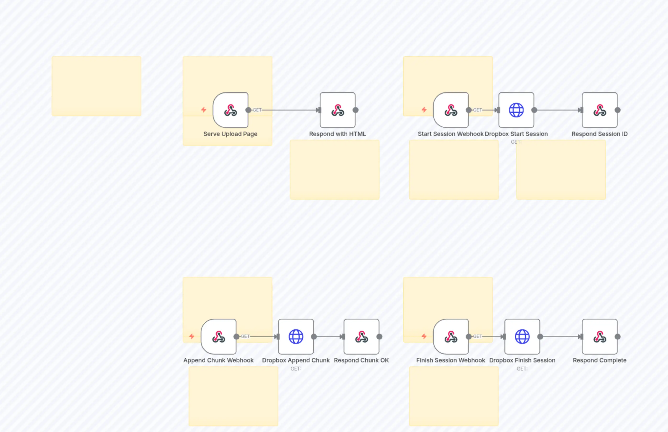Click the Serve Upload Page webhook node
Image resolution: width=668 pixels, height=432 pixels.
click(230, 110)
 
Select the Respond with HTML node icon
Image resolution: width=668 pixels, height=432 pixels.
click(338, 110)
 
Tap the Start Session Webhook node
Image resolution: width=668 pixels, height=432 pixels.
click(451, 110)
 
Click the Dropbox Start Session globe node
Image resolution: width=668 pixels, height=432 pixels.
click(516, 110)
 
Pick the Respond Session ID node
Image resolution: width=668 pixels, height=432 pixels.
click(600, 110)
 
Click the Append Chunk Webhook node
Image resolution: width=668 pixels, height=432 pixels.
click(219, 337)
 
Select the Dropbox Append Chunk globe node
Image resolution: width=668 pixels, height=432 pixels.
click(296, 337)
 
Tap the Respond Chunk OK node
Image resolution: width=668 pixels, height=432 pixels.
click(361, 337)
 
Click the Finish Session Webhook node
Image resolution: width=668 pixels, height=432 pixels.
click(451, 337)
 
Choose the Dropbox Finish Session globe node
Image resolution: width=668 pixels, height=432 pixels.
click(522, 337)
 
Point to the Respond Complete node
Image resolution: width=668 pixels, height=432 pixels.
click(600, 337)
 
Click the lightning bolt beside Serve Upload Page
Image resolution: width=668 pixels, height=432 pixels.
click(204, 110)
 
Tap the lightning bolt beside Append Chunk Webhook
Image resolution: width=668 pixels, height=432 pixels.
click(192, 336)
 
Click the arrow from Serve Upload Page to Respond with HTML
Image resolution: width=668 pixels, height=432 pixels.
click(289, 110)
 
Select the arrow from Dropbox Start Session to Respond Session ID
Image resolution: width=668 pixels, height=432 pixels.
click(558, 110)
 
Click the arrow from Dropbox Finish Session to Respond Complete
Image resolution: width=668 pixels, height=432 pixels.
click(560, 337)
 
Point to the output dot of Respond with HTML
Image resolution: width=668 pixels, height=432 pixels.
click(356, 110)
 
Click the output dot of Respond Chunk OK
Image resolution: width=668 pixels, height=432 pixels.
click(379, 337)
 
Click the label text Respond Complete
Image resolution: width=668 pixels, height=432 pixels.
click(600, 360)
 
